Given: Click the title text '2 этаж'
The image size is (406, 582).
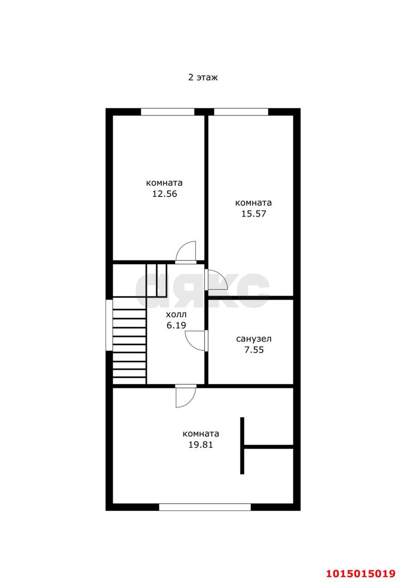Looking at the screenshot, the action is tap(203, 77).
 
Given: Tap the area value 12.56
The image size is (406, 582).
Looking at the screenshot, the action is tap(164, 194).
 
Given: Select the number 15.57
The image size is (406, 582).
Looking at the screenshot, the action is tap(253, 214).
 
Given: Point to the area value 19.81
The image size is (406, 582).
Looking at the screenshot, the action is tap(200, 445).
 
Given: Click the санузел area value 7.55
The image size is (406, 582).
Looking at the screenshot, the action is tap(254, 350).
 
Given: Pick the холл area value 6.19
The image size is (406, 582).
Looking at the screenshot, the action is tap(176, 325).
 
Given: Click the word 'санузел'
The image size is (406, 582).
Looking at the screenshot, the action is tap(253, 339).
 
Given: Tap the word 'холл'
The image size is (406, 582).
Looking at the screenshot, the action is tap(176, 315).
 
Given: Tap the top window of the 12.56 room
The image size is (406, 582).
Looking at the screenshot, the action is tap(168, 112).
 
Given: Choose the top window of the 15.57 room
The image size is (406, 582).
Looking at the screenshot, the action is tap(241, 112).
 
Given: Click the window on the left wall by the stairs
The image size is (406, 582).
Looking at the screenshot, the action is tap(109, 325).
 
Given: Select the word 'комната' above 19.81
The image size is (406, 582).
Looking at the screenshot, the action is tap(201, 434).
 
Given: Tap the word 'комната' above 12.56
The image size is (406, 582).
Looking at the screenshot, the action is tap(164, 183).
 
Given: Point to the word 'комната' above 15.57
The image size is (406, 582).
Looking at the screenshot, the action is tap(253, 203).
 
